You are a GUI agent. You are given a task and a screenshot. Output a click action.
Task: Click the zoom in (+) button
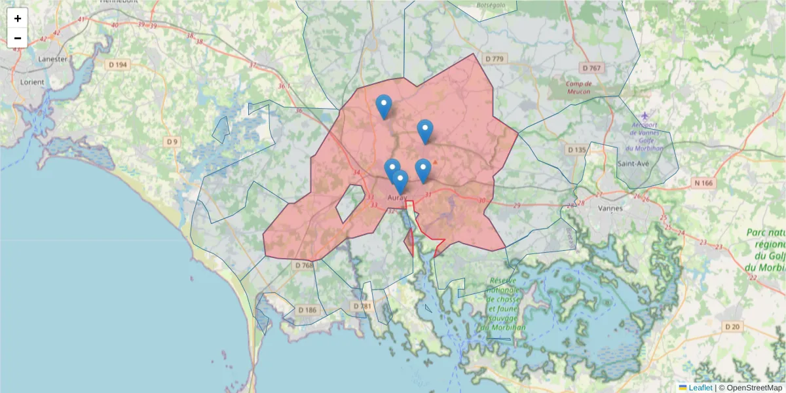[x=18, y=18]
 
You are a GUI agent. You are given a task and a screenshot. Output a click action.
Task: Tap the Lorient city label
[x=32, y=83]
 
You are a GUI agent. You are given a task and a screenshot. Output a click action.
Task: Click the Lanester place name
[x=53, y=58]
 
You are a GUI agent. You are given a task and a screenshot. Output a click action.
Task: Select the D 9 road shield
[x=172, y=141]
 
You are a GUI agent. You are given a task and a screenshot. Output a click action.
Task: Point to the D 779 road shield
[x=495, y=60]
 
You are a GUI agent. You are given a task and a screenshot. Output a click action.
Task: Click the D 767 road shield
[x=591, y=68]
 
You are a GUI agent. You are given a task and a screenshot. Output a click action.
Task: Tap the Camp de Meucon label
[x=578, y=88]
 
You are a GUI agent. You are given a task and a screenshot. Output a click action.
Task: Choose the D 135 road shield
[x=577, y=150]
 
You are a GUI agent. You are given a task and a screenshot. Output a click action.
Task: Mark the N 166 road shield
[x=703, y=183]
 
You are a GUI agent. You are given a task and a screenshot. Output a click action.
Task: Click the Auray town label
[x=398, y=197]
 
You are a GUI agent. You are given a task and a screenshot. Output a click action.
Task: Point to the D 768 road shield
[x=305, y=265]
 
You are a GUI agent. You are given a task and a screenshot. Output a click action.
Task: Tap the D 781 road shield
[x=362, y=306]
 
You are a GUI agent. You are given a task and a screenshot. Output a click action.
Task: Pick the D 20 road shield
[x=732, y=326]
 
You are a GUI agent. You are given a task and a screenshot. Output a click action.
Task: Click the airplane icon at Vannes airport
[x=645, y=117]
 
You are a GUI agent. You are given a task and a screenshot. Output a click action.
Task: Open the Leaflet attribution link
[x=700, y=388]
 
